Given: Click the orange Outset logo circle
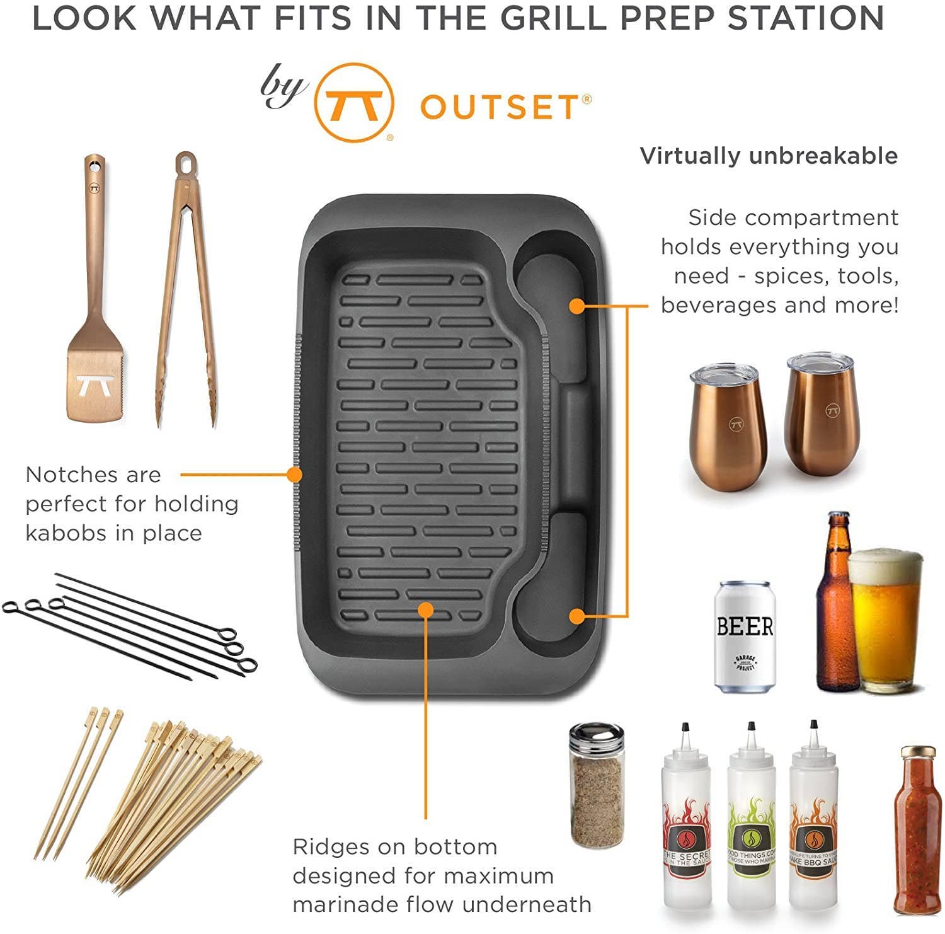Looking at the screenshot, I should [x=354, y=103].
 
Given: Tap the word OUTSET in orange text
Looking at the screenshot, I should [x=498, y=107].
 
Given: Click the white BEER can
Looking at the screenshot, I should [x=745, y=637].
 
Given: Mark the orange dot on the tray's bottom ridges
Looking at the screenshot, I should [x=426, y=609].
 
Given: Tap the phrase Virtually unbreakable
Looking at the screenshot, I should [x=769, y=156].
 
